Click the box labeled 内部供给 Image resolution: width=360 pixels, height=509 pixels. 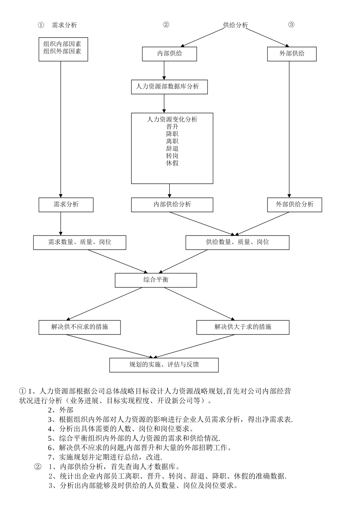point(169,54)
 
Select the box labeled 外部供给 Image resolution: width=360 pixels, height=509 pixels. point(292,54)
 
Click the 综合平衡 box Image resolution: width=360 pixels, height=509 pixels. point(156,280)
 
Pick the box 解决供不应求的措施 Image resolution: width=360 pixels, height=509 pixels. point(80,327)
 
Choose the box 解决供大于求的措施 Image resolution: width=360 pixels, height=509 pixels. point(243,327)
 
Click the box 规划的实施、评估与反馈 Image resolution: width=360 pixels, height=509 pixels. point(164,365)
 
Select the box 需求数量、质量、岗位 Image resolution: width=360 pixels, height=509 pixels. point(80,242)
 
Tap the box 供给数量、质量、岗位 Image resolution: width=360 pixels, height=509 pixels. point(237,242)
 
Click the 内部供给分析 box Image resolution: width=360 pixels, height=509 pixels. point(172,205)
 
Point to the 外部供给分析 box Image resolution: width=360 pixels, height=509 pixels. point(294,205)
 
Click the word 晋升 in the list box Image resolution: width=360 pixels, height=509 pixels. point(172,127)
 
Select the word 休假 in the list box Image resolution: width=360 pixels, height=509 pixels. point(172,163)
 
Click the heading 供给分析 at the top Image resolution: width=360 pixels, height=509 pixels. point(235,25)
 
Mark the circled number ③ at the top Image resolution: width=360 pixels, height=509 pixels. point(291,25)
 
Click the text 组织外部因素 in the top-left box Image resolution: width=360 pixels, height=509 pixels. point(63,51)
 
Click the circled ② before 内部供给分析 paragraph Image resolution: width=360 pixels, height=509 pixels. point(38,466)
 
